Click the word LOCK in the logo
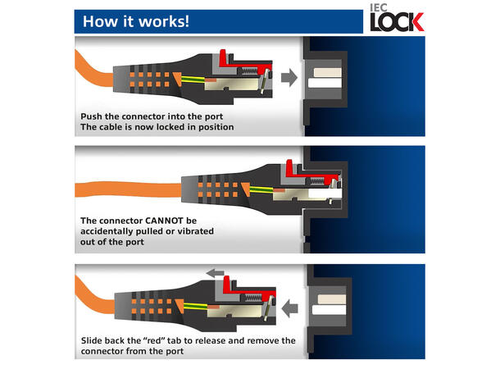(397, 21)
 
